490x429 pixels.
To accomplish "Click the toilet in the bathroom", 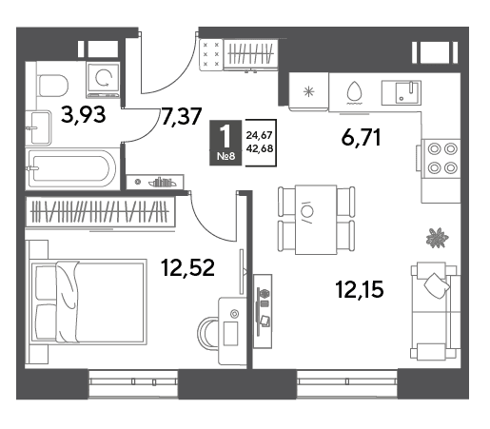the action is coord(52,86).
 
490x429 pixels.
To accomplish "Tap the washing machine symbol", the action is coord(103,80).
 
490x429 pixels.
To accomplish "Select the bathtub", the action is coord(72,168).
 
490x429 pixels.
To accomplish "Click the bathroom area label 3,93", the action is coord(83,115).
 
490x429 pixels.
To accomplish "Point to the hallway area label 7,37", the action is coord(182,116).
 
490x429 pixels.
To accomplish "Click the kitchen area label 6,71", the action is coord(361,137).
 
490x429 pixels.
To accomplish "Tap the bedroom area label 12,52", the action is coord(187,267).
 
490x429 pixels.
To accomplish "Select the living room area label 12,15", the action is coord(360,289).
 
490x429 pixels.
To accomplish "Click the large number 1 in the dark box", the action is coord(225,136).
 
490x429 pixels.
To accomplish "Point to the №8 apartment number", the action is coord(225,156).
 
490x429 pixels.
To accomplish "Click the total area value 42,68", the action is coord(260,148).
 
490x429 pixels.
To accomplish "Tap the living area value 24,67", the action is coord(260,135).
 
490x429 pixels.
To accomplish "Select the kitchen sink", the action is coord(402,92).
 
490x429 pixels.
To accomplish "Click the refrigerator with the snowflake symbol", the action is coord(308,92).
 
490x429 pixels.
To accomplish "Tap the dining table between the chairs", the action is coord(316,220).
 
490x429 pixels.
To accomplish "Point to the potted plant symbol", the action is coord(437,238).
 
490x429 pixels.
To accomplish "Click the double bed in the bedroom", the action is coord(88,302).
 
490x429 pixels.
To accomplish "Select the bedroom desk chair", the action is coord(207,333).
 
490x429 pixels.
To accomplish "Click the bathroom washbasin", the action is coord(40,127).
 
